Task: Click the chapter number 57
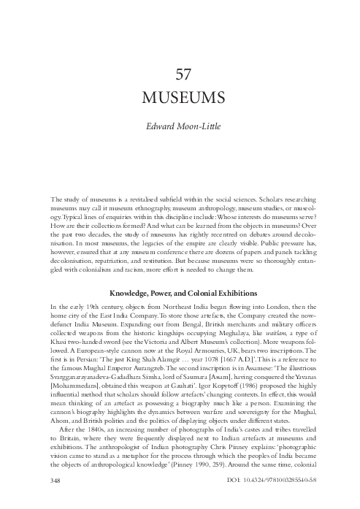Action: pyautogui.click(x=180, y=75)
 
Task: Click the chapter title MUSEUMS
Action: pyautogui.click(x=180, y=98)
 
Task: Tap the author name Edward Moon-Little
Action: pyautogui.click(x=180, y=125)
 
